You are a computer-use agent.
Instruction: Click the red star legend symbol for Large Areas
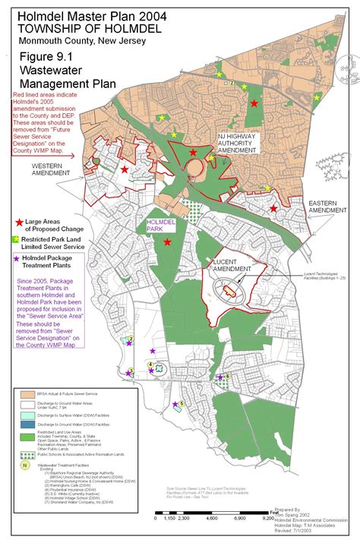(x=20, y=222)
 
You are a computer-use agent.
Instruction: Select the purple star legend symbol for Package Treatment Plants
(x=20, y=259)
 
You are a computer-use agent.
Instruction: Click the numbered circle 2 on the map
(x=131, y=339)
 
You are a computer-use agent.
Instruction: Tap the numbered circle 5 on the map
(x=182, y=403)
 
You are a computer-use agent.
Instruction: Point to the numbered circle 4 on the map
(x=150, y=365)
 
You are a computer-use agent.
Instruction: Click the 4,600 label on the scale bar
(x=212, y=517)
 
